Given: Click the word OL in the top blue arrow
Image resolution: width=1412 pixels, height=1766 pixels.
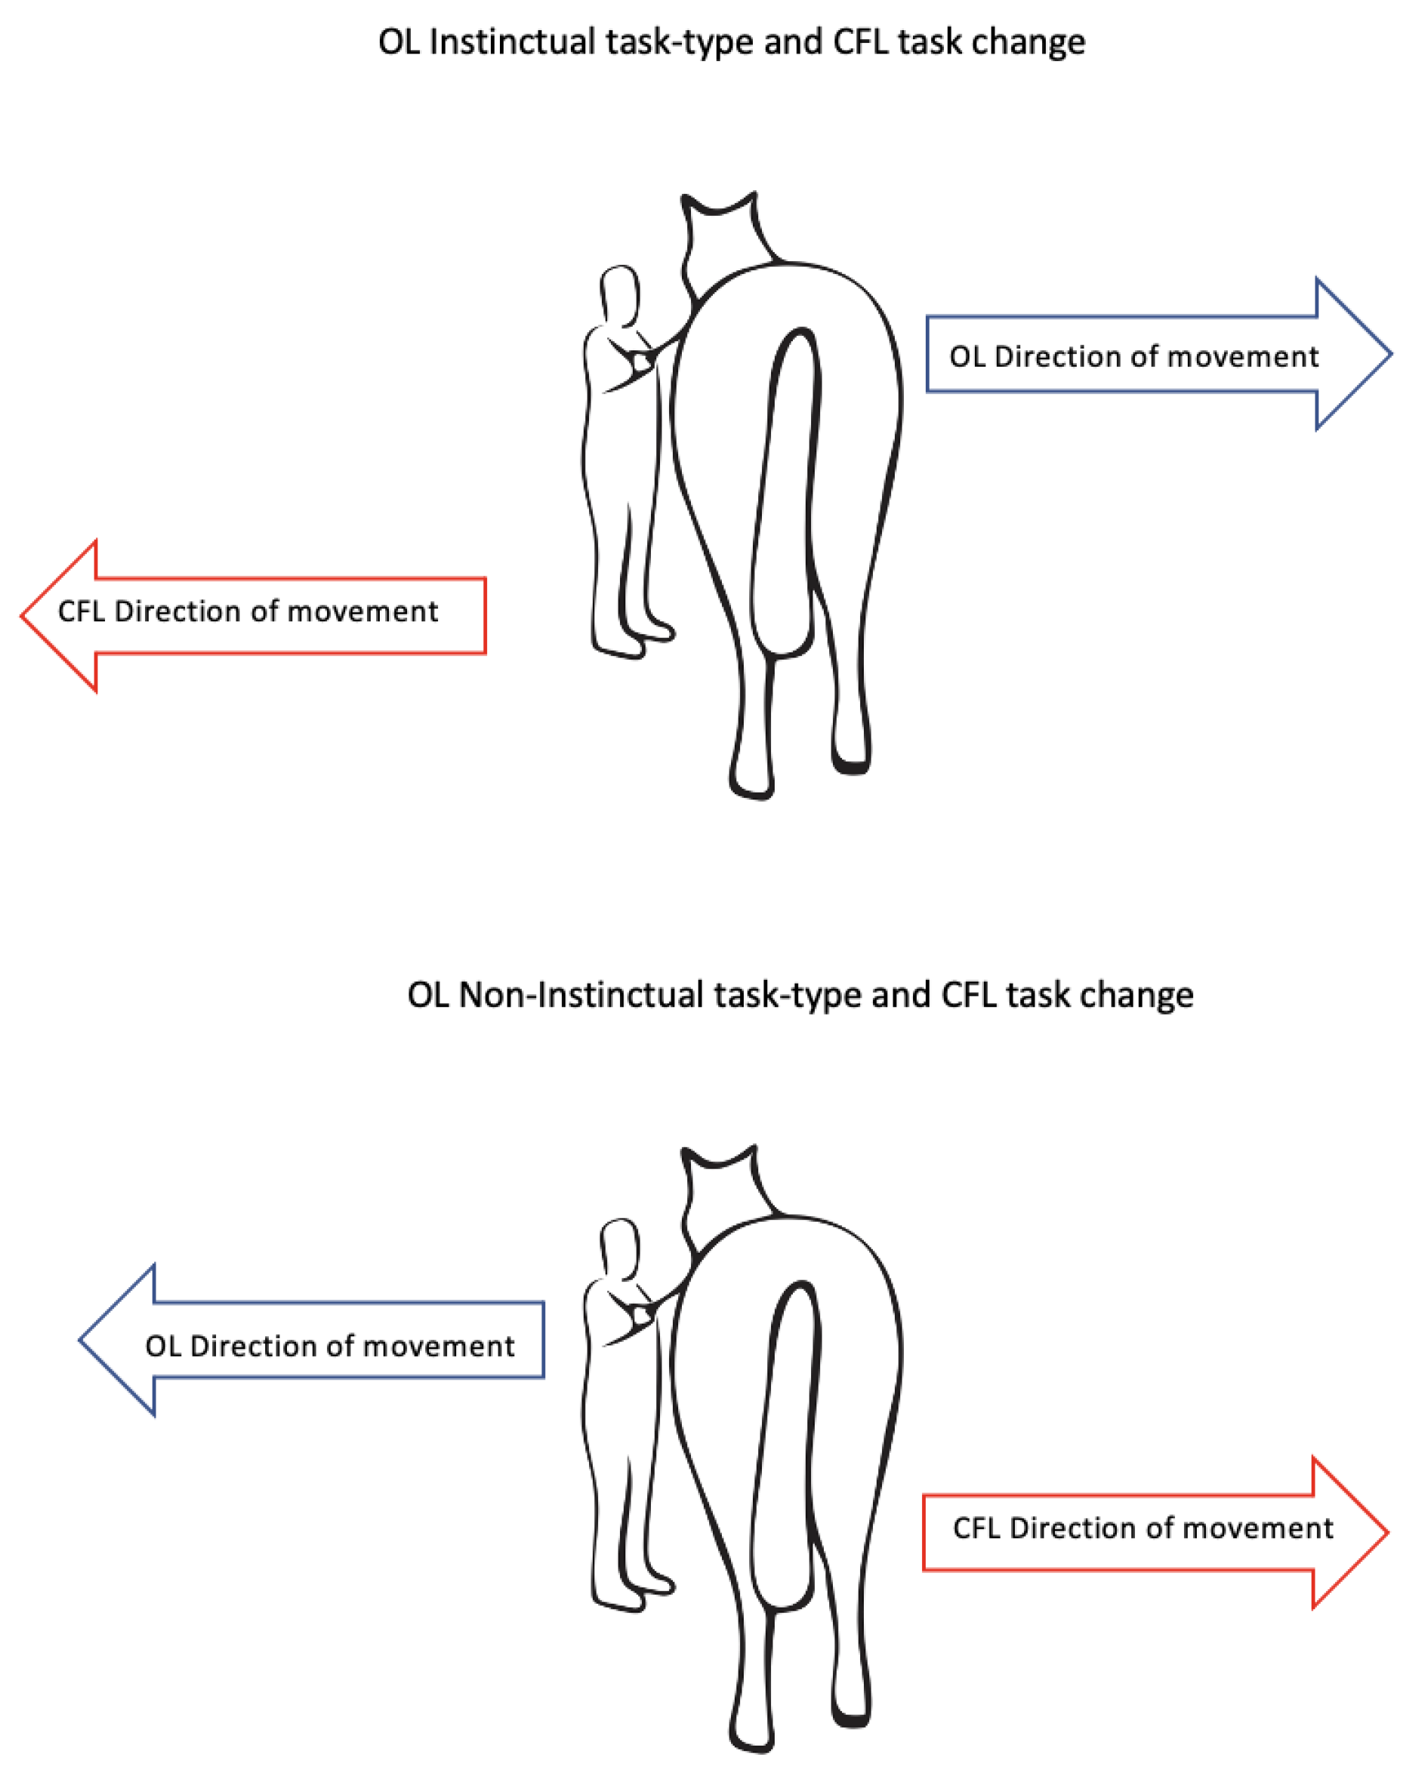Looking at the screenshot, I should (967, 357).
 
